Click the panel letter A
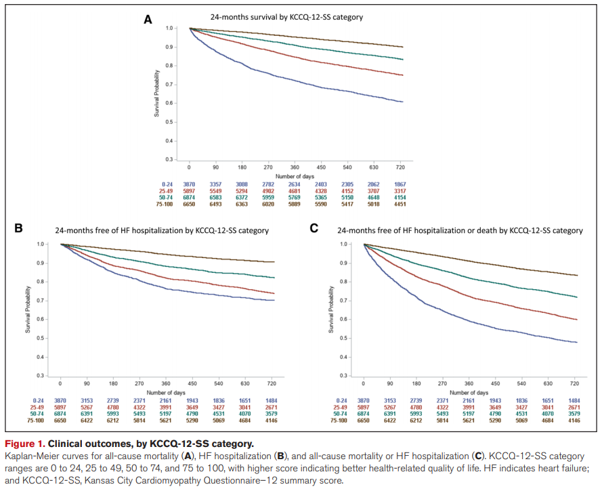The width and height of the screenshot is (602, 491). [x=148, y=20]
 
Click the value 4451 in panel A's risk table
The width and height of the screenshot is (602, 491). [x=488, y=202]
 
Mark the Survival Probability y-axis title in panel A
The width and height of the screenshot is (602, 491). [x=157, y=93]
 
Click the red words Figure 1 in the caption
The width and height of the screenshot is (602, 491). [x=25, y=444]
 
